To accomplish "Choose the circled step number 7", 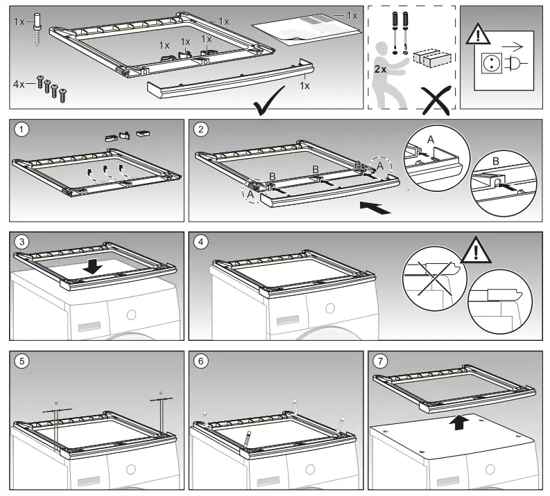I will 380,361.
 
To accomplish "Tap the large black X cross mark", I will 433,101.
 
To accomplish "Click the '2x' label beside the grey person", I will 379,69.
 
